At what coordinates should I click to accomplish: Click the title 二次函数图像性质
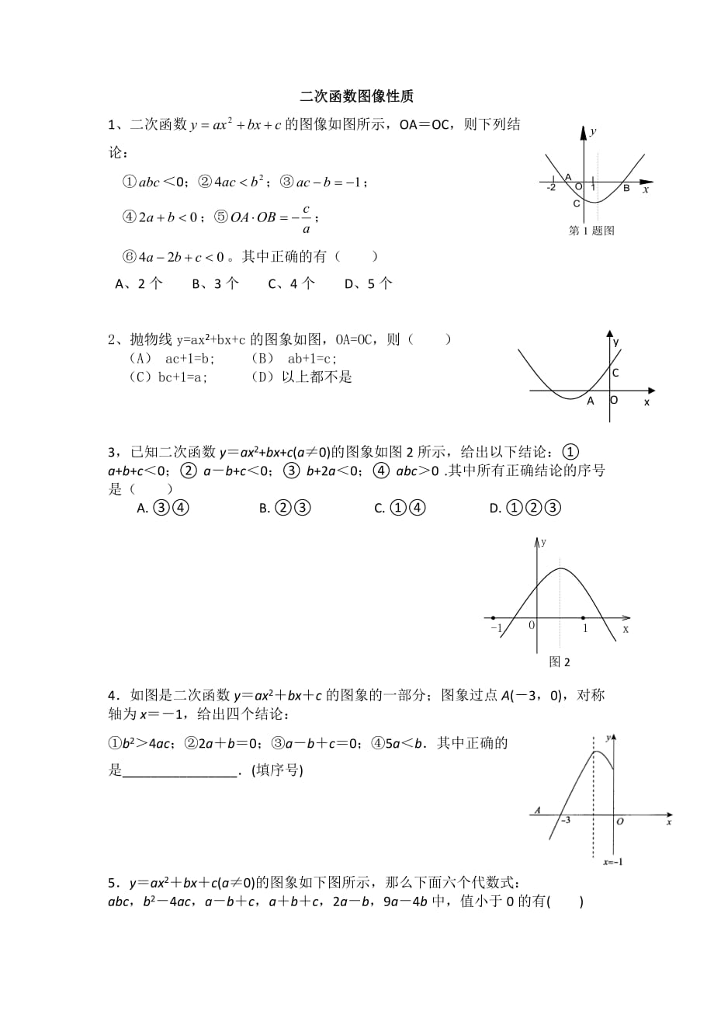tap(356, 97)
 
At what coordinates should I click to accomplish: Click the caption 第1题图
tap(591, 231)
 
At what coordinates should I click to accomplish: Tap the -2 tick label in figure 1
tap(551, 188)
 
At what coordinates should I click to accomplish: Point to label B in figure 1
tap(626, 187)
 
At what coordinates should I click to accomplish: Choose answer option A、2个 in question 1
tap(139, 284)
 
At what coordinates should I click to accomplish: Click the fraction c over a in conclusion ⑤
tap(307, 219)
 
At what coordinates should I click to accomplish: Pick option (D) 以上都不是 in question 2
tap(302, 377)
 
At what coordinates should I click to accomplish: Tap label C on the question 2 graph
tap(615, 373)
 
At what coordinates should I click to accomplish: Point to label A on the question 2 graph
tap(590, 401)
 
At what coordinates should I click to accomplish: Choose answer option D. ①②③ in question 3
tap(525, 509)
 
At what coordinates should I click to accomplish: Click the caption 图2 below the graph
tap(559, 662)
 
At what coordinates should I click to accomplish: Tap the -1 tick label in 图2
tap(496, 628)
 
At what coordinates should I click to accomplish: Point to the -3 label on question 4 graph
tap(565, 820)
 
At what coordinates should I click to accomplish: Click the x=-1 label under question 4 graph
tap(614, 861)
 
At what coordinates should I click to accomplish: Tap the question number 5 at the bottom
tap(113, 883)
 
